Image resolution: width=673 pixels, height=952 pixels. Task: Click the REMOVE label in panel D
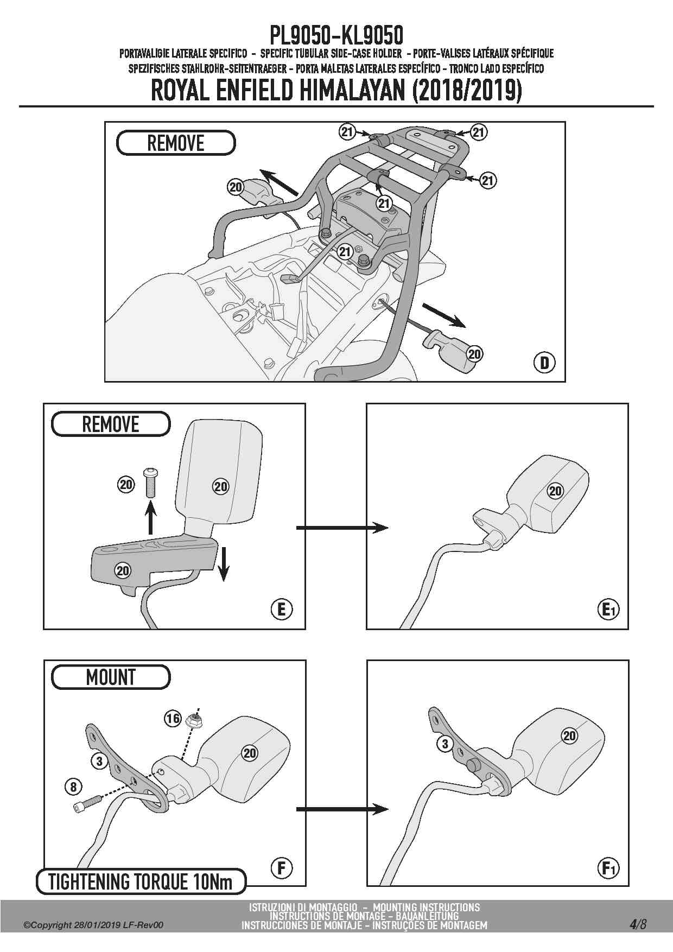[x=176, y=143]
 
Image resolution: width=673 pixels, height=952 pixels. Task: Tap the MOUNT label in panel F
[x=111, y=677]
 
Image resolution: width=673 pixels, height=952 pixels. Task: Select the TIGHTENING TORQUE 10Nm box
[x=141, y=881]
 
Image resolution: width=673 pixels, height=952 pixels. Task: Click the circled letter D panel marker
[x=544, y=362]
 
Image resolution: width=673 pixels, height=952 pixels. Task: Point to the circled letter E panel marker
[x=281, y=610]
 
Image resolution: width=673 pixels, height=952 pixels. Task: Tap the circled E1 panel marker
[x=608, y=610]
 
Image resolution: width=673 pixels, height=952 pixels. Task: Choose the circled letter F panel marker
[x=281, y=868]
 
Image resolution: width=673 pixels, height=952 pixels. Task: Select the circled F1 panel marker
[x=608, y=868]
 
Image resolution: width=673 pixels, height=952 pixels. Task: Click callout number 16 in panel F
[x=173, y=719]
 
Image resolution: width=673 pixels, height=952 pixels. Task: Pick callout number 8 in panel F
[x=73, y=786]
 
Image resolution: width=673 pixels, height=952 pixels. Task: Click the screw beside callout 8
[x=87, y=803]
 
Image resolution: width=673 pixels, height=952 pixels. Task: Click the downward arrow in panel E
[x=224, y=564]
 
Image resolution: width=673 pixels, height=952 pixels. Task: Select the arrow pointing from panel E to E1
[x=342, y=527]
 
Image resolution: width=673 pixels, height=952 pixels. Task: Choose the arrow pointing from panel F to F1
[x=342, y=809]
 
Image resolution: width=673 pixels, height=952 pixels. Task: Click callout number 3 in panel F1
[x=445, y=744]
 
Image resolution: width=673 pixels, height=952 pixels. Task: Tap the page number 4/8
[x=638, y=924]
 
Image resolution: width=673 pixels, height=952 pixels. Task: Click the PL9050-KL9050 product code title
[x=336, y=36]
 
